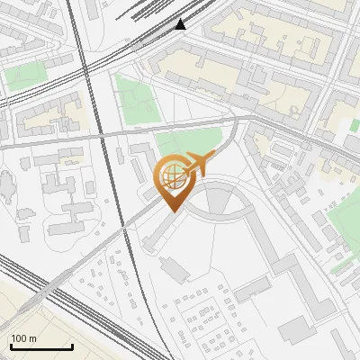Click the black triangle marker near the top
click(x=181, y=24)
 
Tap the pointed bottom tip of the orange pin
click(x=173, y=211)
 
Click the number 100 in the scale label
click(x=19, y=338)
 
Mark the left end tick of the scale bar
click(x=10, y=346)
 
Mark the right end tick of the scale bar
click(x=72, y=346)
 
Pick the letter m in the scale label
click(x=33, y=338)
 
